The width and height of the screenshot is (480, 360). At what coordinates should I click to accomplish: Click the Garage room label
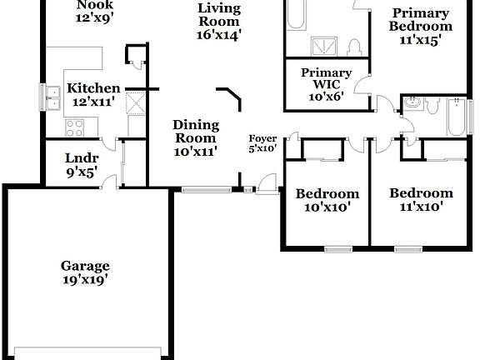pyautogui.click(x=84, y=272)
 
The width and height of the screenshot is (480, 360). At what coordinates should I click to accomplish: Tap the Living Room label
pyautogui.click(x=219, y=21)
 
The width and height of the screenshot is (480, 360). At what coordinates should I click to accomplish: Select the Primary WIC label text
pyautogui.click(x=326, y=84)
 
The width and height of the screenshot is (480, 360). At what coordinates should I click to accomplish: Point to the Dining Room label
pyautogui.click(x=196, y=137)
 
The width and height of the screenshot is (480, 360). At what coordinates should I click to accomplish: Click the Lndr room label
pyautogui.click(x=82, y=164)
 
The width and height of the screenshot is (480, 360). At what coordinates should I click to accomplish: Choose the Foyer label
pyautogui.click(x=262, y=143)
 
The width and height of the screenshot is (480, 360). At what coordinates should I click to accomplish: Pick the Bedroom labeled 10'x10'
pyautogui.click(x=327, y=200)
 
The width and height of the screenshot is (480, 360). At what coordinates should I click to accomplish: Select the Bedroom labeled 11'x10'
pyautogui.click(x=421, y=199)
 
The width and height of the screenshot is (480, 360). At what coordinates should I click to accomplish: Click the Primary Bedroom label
pyautogui.click(x=421, y=25)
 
